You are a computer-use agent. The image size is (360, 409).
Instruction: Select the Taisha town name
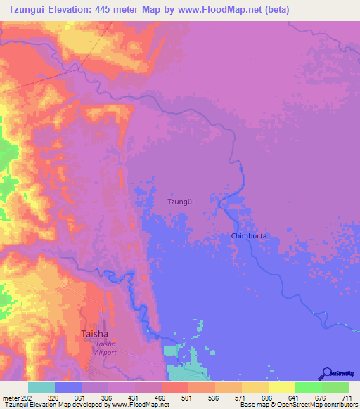94,334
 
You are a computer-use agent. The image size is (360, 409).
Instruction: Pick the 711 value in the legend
348,398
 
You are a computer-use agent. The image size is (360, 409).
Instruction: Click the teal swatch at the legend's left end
41,387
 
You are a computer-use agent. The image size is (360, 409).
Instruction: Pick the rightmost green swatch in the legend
335,387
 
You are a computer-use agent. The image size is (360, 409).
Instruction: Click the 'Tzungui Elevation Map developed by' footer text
49,405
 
